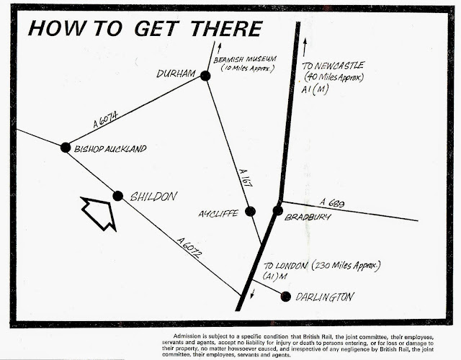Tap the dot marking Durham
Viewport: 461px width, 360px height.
pyautogui.click(x=205, y=76)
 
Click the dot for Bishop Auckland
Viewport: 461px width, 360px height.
pyautogui.click(x=66, y=147)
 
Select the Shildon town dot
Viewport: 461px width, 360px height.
pyautogui.click(x=118, y=195)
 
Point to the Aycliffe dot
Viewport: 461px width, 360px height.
pyautogui.click(x=251, y=211)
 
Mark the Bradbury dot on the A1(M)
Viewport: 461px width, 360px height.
pyautogui.click(x=278, y=210)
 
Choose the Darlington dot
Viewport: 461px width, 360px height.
pyautogui.click(x=285, y=296)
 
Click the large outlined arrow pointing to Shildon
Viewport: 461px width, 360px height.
pyautogui.click(x=99, y=213)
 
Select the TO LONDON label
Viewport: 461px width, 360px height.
pyautogui.click(x=290, y=266)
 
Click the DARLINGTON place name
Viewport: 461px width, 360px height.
pyautogui.click(x=326, y=296)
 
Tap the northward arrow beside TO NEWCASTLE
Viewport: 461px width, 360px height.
pyautogui.click(x=305, y=48)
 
